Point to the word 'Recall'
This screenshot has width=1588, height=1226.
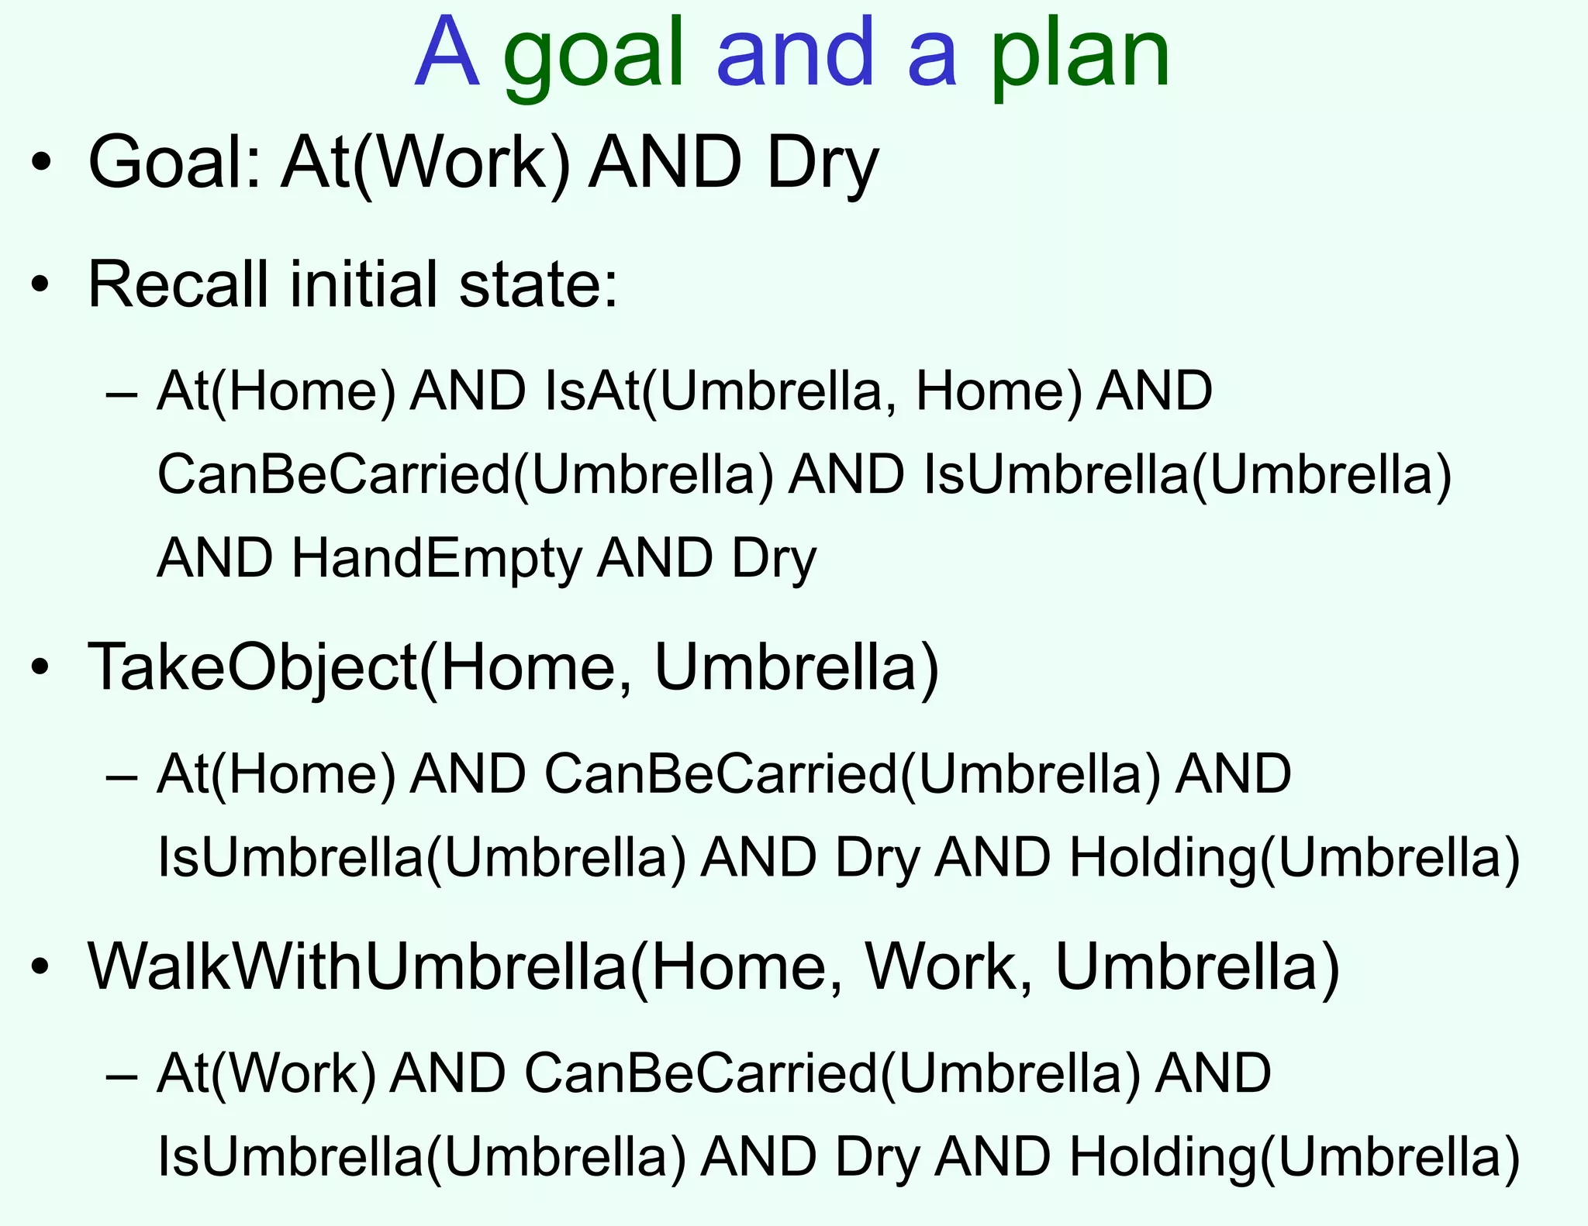click(181, 284)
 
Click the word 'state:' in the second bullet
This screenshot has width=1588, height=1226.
click(538, 284)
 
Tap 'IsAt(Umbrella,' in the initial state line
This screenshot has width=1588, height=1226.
click(721, 391)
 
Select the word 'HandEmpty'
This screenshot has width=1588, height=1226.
click(437, 559)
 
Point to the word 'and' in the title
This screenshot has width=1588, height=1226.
click(796, 54)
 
